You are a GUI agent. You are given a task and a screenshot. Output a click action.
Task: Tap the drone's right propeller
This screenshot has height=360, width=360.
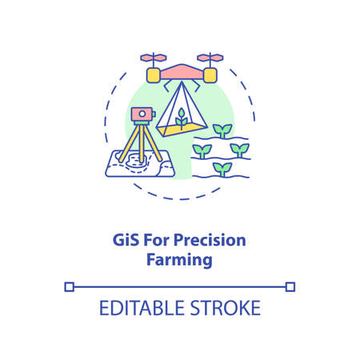click(210, 58)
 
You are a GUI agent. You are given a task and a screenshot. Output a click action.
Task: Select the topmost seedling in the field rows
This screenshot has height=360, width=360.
click(222, 130)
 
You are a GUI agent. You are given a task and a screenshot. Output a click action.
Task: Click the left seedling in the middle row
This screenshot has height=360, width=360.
click(202, 149)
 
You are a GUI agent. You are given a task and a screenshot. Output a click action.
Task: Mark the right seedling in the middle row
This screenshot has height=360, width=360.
click(239, 149)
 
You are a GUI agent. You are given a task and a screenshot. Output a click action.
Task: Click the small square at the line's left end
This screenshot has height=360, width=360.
click(70, 286)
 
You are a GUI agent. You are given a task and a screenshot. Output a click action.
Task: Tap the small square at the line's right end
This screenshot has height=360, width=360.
click(290, 286)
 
